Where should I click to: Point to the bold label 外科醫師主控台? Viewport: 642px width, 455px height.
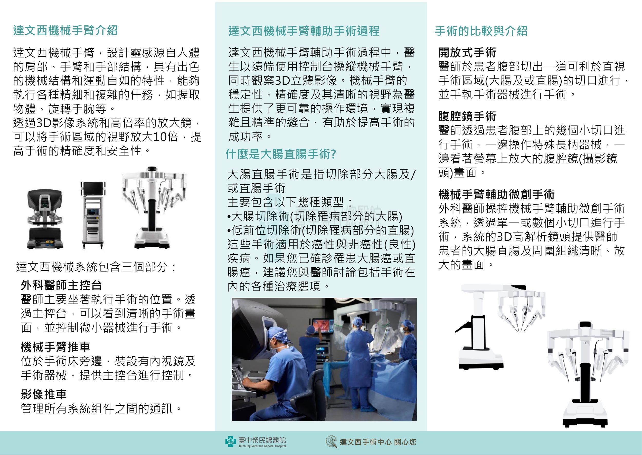tap(61, 285)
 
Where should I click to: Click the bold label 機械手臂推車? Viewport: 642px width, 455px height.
tap(55, 347)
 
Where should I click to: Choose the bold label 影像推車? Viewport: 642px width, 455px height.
tap(44, 394)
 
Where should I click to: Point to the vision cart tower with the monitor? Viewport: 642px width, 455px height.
tap(93, 215)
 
